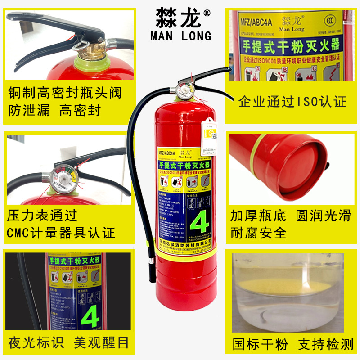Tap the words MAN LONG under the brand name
[x=180, y=36]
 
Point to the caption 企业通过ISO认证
[x=292, y=102]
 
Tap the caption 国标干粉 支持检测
[x=292, y=345]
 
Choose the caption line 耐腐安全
[x=258, y=233]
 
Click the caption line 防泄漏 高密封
[x=54, y=110]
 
